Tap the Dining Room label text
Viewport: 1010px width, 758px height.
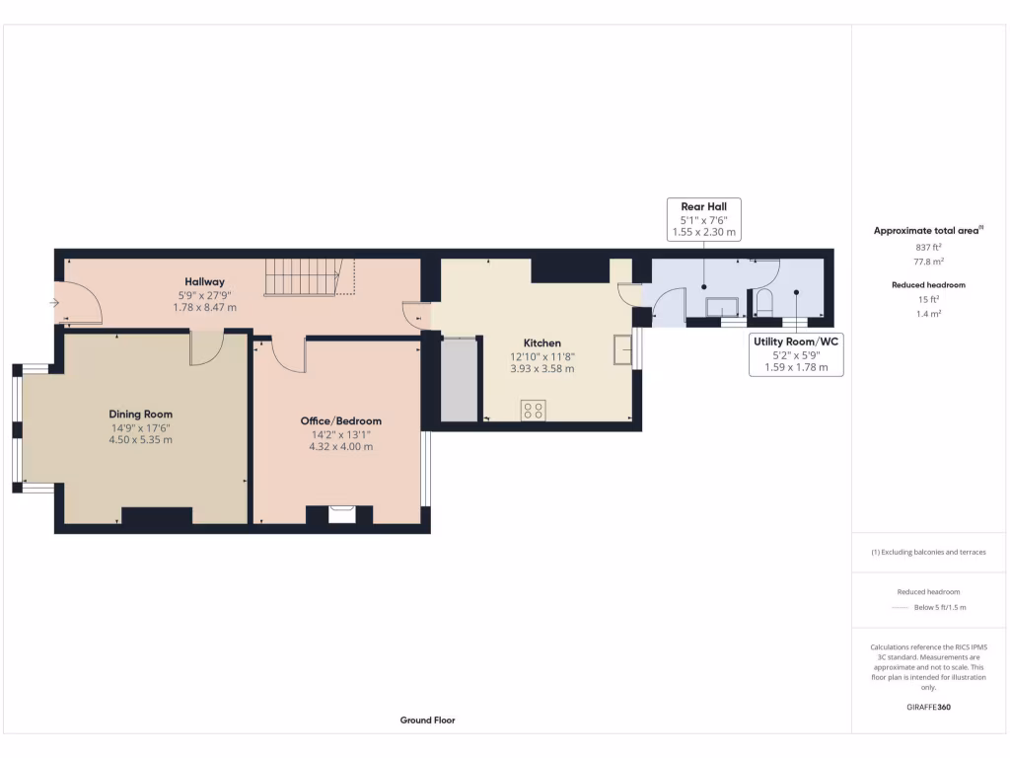coord(141,415)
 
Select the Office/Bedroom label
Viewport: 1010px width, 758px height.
coord(340,421)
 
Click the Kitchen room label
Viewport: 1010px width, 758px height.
coord(541,343)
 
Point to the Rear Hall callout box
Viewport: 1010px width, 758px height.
coord(703,219)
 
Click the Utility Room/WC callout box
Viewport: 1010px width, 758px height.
coord(795,354)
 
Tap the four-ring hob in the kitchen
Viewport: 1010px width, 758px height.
coord(534,410)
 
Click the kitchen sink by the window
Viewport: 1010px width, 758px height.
coord(622,349)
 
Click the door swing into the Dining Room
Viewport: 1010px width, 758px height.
coord(206,346)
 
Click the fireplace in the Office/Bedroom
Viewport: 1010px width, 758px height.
coord(341,513)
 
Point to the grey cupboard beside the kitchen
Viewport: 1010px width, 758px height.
coord(458,380)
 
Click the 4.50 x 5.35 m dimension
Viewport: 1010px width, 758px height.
coord(141,440)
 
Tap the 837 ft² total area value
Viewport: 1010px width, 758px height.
coord(927,247)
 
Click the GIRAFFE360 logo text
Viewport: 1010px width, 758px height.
coord(928,707)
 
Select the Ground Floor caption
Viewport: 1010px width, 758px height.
coord(427,720)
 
